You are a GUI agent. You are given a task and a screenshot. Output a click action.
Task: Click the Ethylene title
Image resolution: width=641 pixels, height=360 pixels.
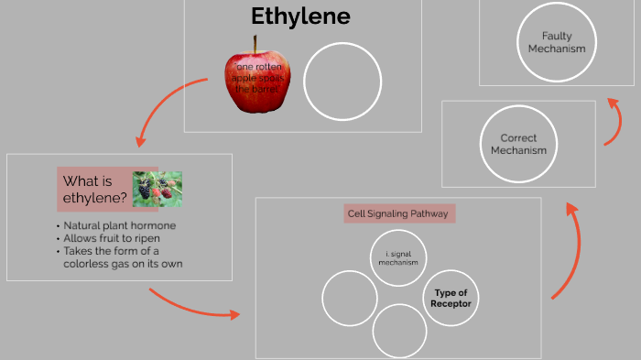click(x=300, y=16)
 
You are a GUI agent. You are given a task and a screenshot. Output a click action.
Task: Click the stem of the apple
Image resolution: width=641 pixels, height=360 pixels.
click(x=256, y=43)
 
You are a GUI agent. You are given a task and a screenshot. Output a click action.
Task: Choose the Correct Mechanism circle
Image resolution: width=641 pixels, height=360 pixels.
click(x=517, y=144)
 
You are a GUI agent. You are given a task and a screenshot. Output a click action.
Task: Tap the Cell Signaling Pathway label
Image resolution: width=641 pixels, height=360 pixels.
click(x=399, y=213)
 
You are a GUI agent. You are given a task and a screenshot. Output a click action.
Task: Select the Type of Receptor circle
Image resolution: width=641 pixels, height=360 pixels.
click(x=451, y=298)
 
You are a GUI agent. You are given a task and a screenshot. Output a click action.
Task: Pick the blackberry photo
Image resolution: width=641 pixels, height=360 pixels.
click(x=157, y=188)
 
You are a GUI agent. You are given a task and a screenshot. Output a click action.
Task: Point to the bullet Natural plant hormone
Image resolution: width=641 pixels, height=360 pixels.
click(x=119, y=225)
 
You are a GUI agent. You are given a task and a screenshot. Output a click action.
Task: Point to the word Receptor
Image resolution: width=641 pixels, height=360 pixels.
click(x=451, y=303)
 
